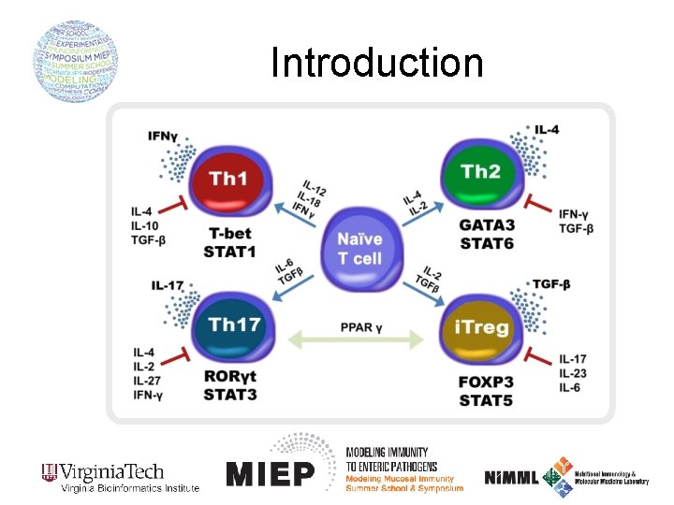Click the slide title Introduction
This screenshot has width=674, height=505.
377,63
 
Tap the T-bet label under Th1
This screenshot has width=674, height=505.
227,234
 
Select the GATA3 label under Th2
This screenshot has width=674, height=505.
487,225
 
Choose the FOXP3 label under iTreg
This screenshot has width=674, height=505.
487,383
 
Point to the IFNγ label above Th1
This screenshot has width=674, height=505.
163,137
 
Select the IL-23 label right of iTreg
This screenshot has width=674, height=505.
572,373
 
